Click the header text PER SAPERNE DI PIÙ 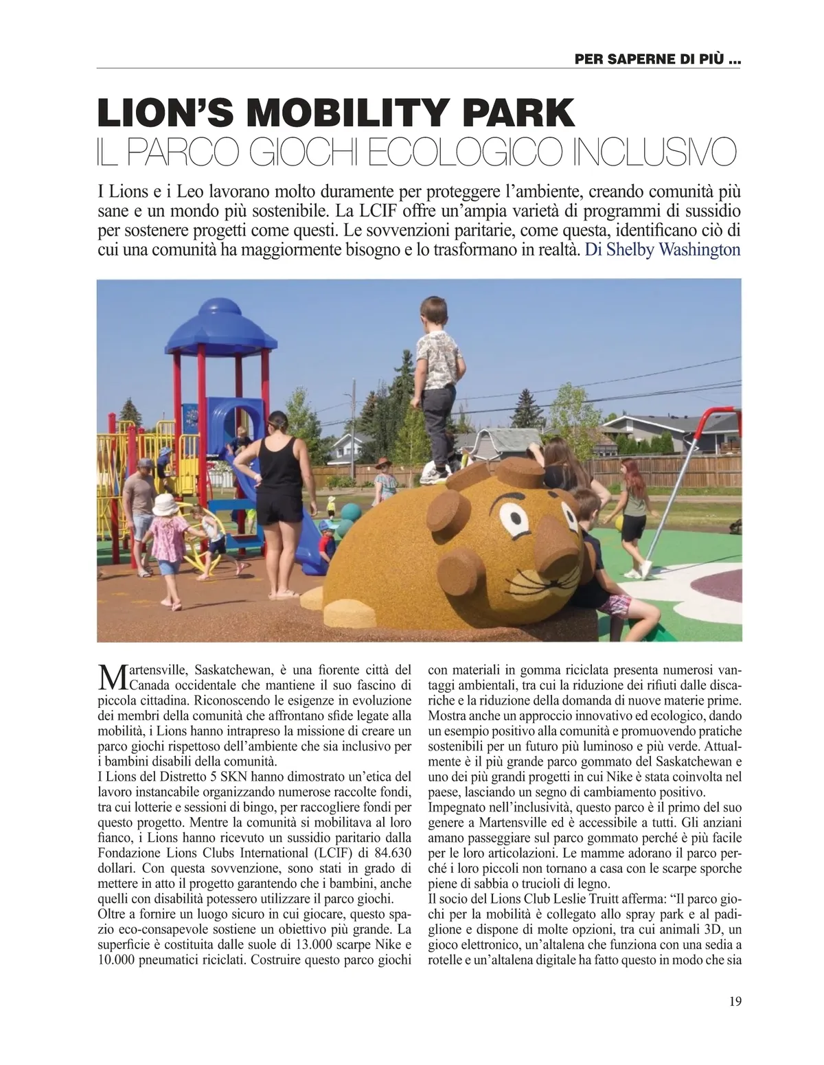658,60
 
